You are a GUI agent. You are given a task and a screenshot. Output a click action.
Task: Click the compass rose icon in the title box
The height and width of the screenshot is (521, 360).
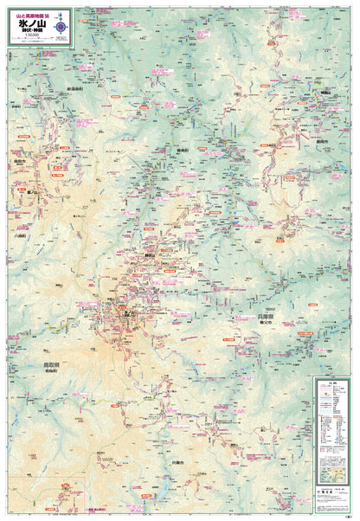click(61, 28)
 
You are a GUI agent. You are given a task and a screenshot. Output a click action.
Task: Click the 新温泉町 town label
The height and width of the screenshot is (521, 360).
click(73, 89)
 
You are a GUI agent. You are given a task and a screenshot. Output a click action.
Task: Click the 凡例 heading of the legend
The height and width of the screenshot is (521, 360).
click(333, 383)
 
